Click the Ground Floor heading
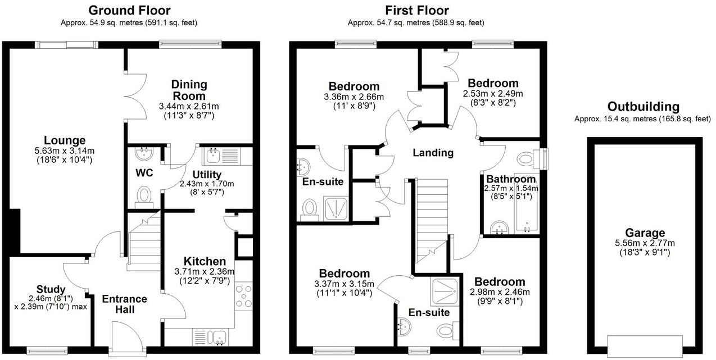pos(129,10)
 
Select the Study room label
pos(51,289)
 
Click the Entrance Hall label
pos(124,304)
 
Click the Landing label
pos(433,153)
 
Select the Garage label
pos(645,233)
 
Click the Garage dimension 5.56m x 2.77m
pos(645,243)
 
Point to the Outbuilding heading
pos(643,107)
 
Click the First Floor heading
pos(416,10)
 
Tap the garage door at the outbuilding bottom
pos(645,342)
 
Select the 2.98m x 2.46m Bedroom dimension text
pos(499,292)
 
